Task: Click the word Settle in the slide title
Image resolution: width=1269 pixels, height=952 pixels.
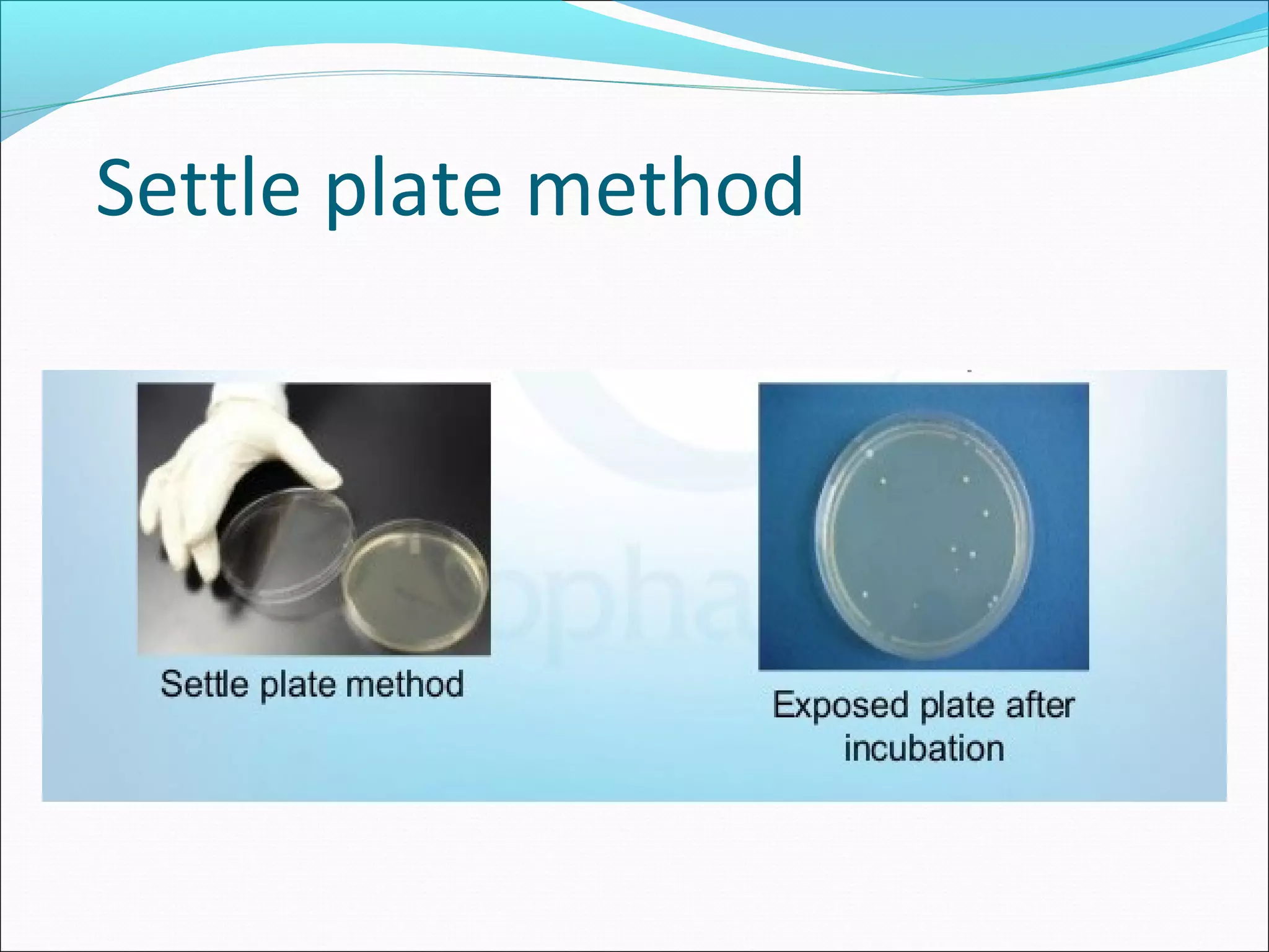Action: (198, 188)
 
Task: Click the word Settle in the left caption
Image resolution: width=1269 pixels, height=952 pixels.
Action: (204, 684)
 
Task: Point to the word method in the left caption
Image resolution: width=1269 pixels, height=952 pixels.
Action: (405, 684)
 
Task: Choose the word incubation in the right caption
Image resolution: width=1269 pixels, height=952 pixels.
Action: (924, 748)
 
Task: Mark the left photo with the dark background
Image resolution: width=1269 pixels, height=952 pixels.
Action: (314, 518)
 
